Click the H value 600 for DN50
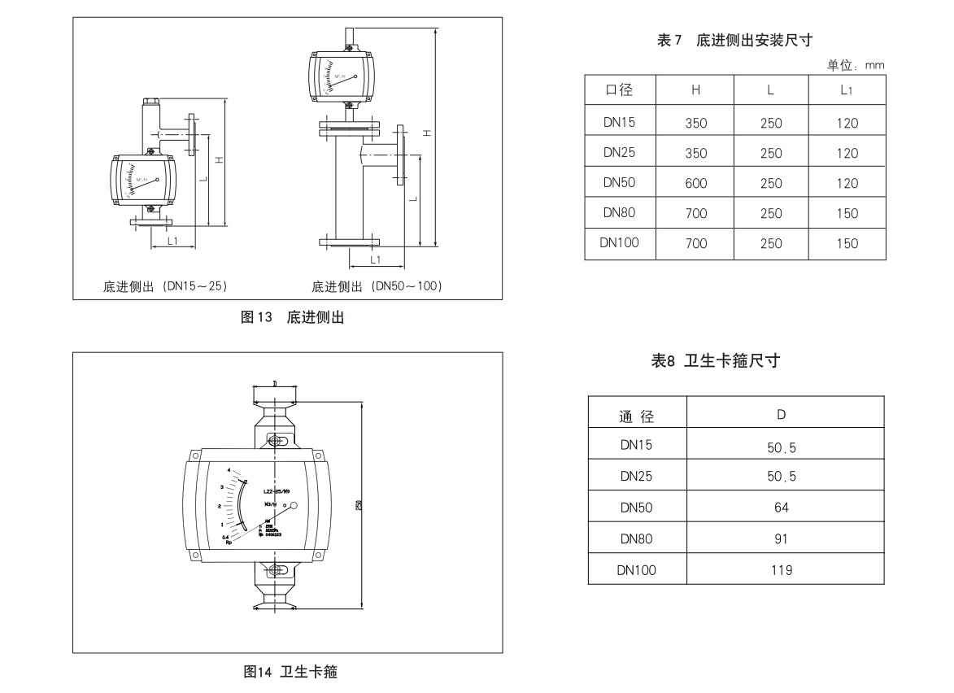point(696,184)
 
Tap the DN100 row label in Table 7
point(620,242)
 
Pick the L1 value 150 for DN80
point(847,214)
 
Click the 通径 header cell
point(636,416)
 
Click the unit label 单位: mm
point(856,65)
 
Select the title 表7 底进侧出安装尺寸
point(735,40)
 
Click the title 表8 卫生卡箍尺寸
point(716,361)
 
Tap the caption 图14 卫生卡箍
point(290,673)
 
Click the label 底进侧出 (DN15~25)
point(165,286)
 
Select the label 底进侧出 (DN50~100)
point(377,286)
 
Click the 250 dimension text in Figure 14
point(359,505)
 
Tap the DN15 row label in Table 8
point(636,445)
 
